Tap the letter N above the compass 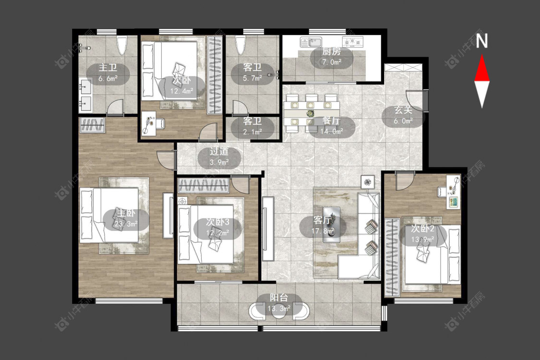point(482,41)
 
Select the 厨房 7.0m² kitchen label point(331,57)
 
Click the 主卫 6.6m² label point(108,72)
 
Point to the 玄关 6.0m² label point(403,115)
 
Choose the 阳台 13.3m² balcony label point(279,303)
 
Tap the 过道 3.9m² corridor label point(219,157)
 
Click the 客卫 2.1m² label point(252,126)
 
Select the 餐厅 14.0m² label point(331,126)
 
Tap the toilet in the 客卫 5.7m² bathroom point(241,45)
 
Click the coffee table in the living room point(331,224)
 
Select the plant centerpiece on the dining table point(311,113)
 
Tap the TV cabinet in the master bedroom point(168,216)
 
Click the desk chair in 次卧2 point(442,192)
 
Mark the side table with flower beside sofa point(368,181)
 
